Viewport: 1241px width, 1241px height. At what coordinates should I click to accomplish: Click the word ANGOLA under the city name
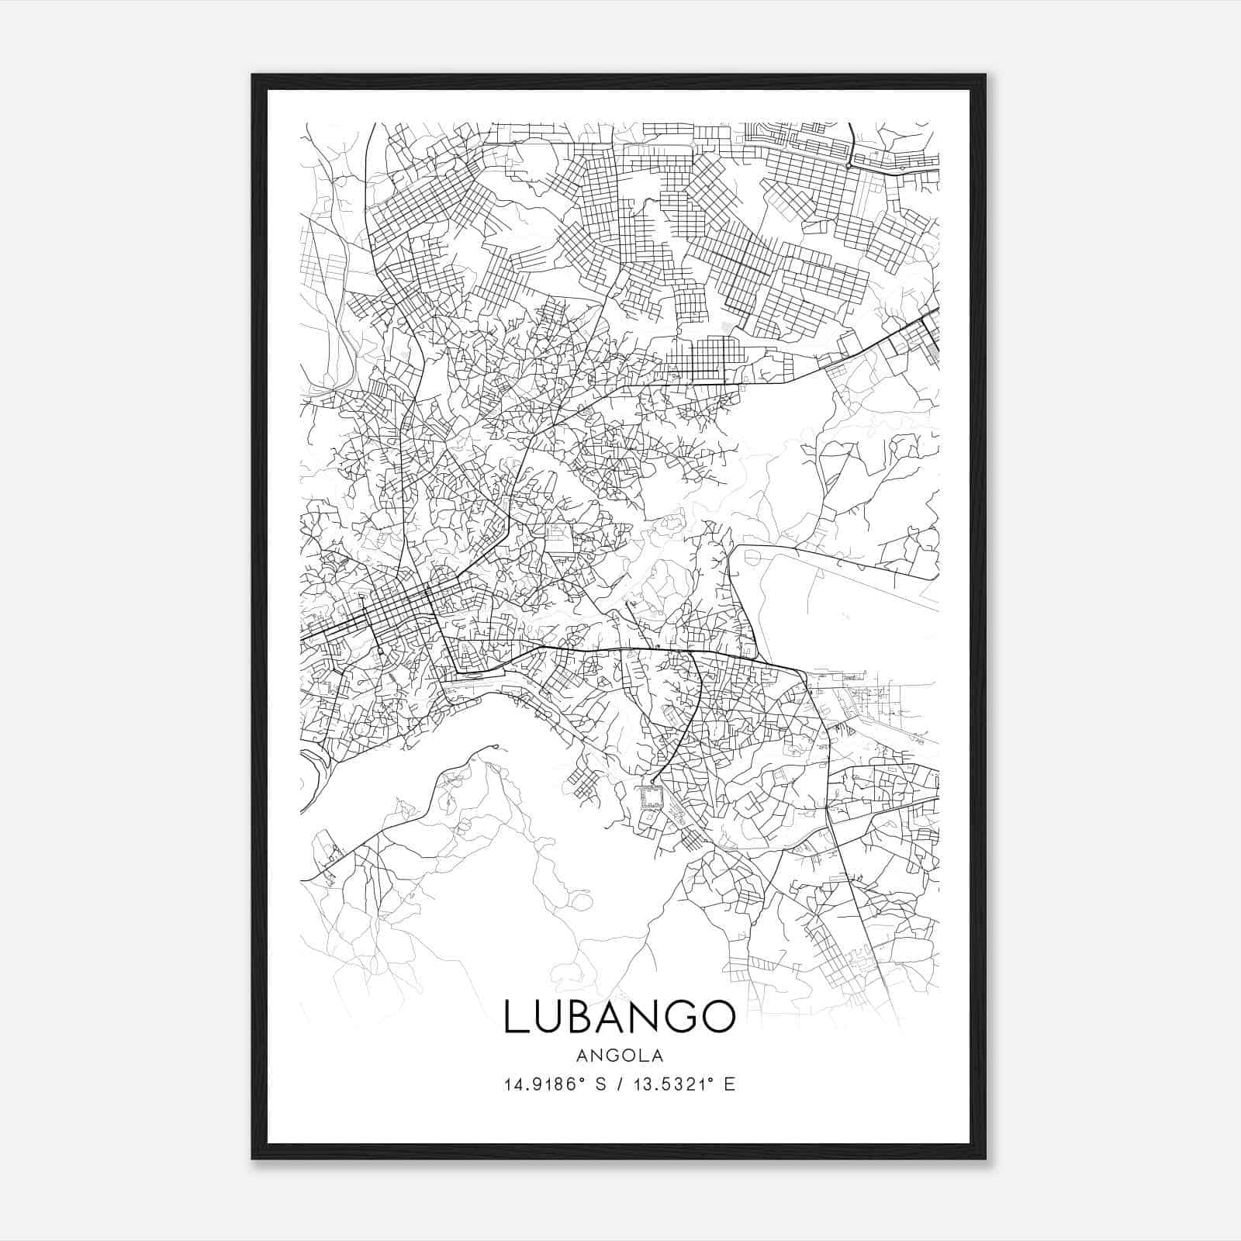point(620,1055)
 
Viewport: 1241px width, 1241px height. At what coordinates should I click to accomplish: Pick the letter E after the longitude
point(729,1084)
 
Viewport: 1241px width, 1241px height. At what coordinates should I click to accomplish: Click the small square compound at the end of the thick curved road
point(650,796)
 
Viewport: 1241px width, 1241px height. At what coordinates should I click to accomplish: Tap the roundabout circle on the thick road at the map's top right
point(850,165)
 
